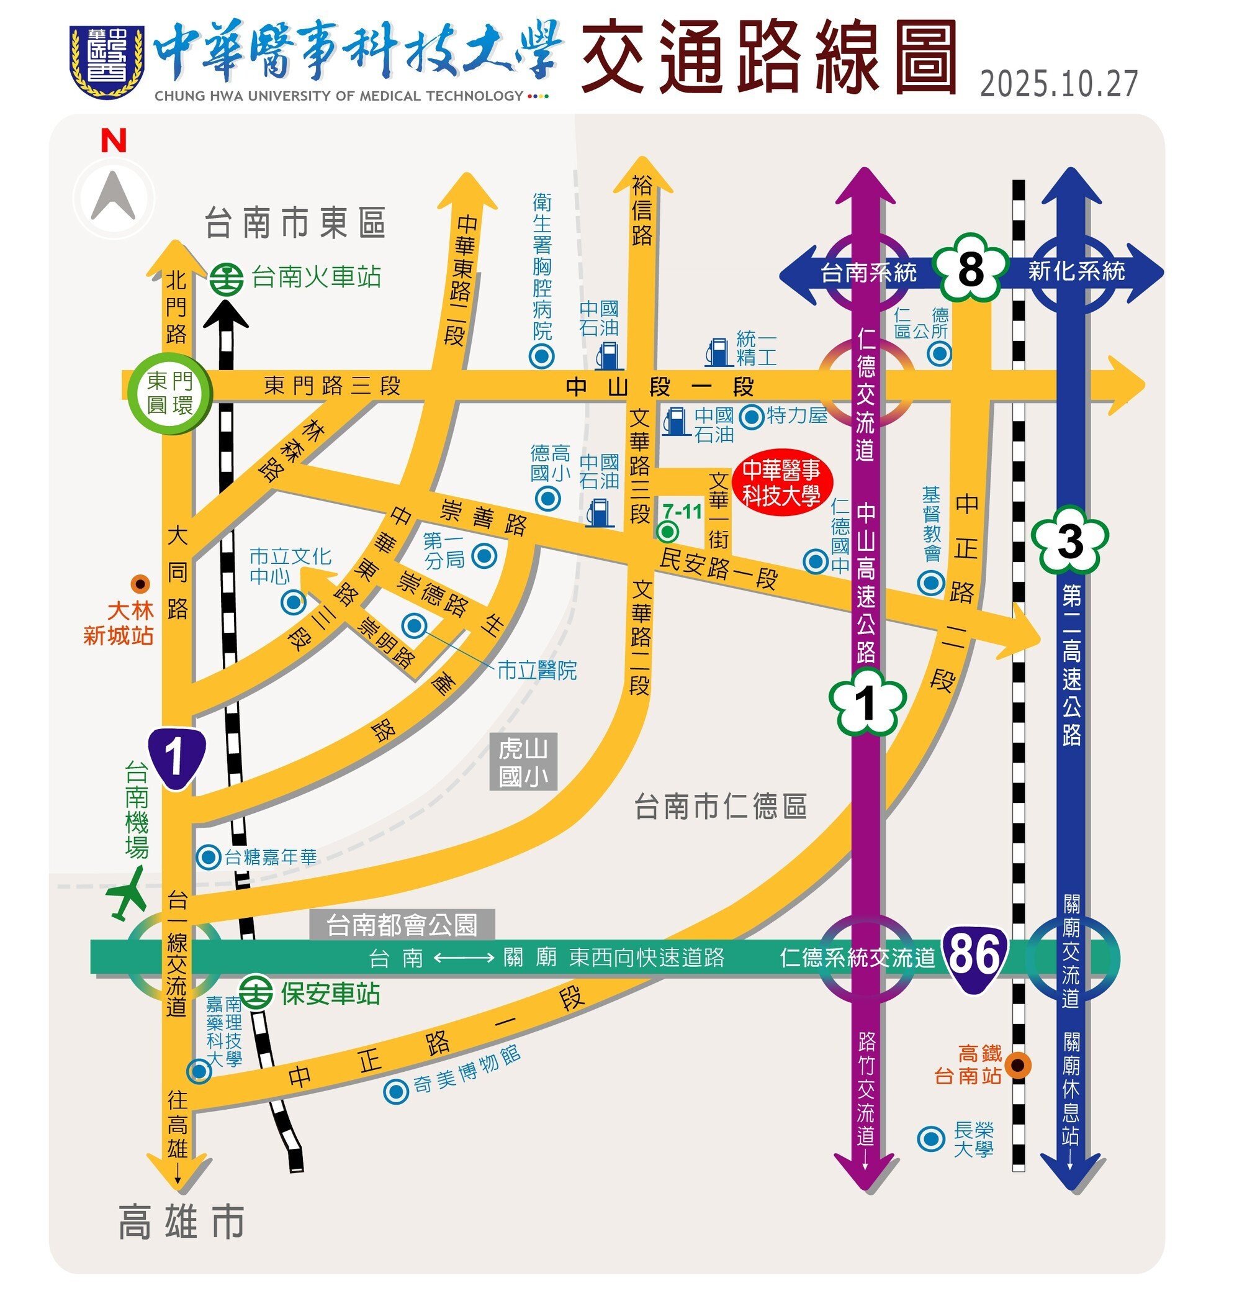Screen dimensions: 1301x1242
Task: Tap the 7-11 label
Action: [682, 511]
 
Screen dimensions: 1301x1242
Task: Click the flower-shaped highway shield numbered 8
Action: [970, 269]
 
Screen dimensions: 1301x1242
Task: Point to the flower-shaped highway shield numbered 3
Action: [1069, 540]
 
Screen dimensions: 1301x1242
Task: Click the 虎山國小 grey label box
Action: [523, 761]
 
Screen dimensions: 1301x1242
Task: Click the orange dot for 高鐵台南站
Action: [1017, 1065]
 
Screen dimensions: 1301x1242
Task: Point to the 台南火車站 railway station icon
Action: [227, 279]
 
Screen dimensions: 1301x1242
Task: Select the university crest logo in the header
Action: [107, 61]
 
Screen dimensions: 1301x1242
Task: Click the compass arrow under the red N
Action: [113, 197]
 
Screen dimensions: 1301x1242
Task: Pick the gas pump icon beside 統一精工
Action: [718, 351]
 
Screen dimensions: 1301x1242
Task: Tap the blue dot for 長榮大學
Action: [930, 1140]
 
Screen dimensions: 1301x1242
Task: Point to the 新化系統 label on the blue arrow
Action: [1076, 271]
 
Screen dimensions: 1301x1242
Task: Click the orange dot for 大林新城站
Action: [140, 584]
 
